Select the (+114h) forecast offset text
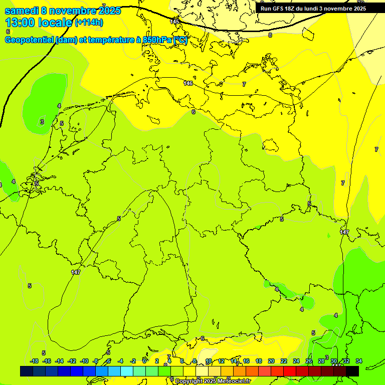(89, 23)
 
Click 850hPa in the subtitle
(157, 40)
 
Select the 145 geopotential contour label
(174, 21)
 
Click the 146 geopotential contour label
(188, 83)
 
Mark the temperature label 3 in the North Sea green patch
(42, 122)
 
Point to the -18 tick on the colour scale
(35, 361)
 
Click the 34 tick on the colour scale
(358, 361)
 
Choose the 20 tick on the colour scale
(271, 361)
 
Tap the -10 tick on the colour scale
(85, 361)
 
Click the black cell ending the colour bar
(352, 371)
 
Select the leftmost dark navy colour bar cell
(27, 371)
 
